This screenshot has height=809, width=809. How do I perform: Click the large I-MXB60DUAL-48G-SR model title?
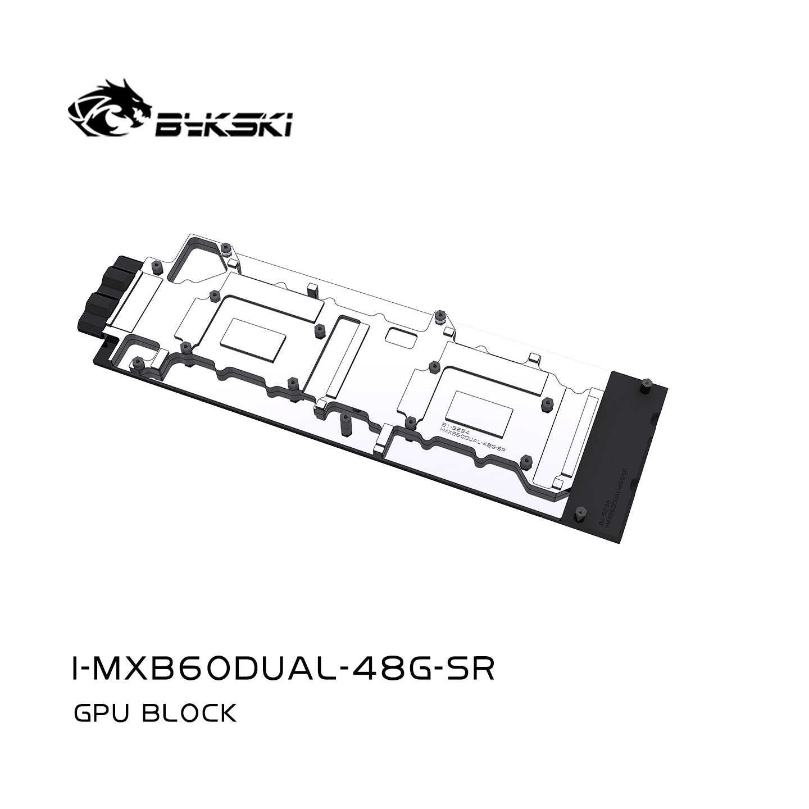click(x=284, y=667)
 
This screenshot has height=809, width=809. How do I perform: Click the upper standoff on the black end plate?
click(x=643, y=387)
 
